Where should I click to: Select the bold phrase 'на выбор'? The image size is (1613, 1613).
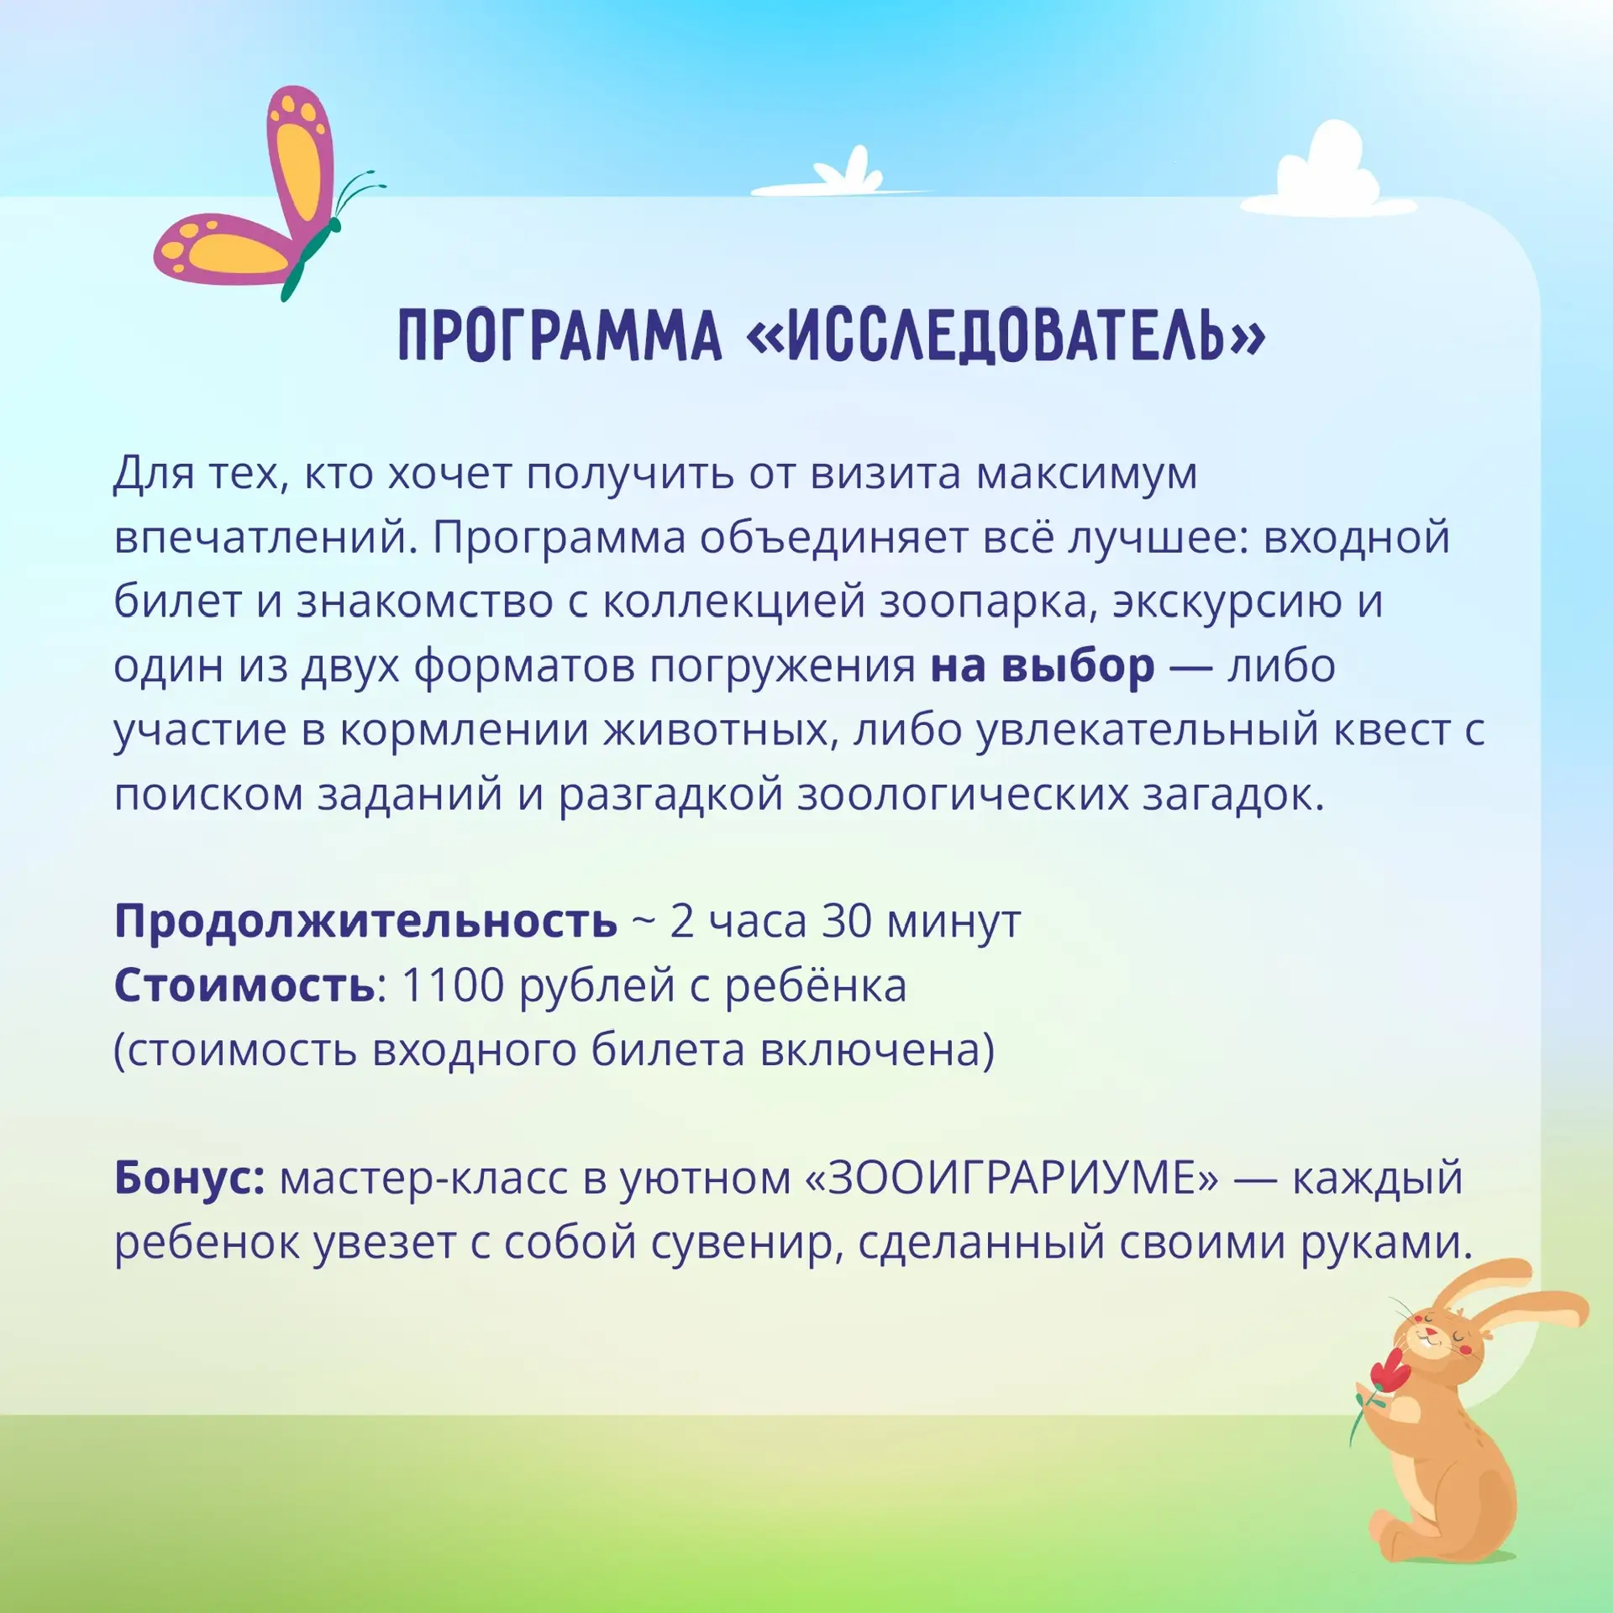[1042, 665]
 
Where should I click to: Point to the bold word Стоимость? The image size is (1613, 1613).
[244, 985]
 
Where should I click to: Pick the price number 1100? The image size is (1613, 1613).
[453, 985]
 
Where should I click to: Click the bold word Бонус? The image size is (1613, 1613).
[190, 1178]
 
